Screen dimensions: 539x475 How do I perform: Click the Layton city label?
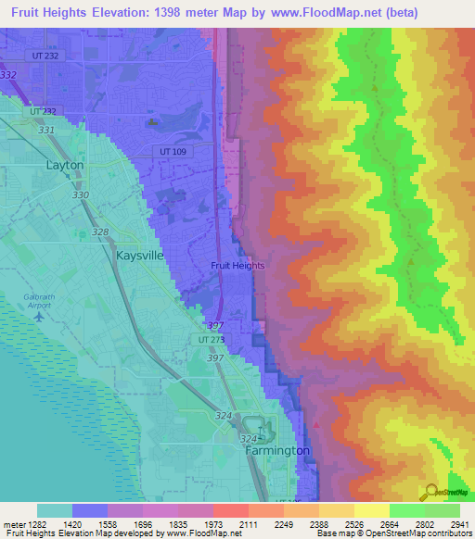(x=64, y=165)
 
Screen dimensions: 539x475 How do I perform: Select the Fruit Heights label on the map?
(x=237, y=265)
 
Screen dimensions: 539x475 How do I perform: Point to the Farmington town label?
(x=277, y=450)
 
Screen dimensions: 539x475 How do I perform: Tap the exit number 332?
(x=9, y=74)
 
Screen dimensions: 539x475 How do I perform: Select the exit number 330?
(x=81, y=195)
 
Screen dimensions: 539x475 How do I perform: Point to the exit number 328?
(x=99, y=232)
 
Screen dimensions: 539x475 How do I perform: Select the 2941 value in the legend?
(x=459, y=523)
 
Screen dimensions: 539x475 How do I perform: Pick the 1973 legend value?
(x=212, y=523)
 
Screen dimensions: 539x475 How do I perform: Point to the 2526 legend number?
(x=353, y=523)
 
